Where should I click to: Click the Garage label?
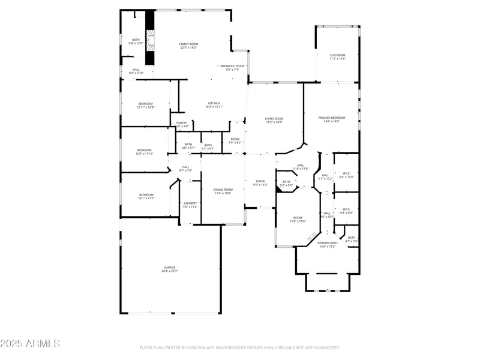169,269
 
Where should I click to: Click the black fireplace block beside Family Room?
150,39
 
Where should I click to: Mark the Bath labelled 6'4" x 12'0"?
136,41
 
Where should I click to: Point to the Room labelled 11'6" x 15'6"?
298,219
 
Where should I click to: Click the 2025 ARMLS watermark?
30,344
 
